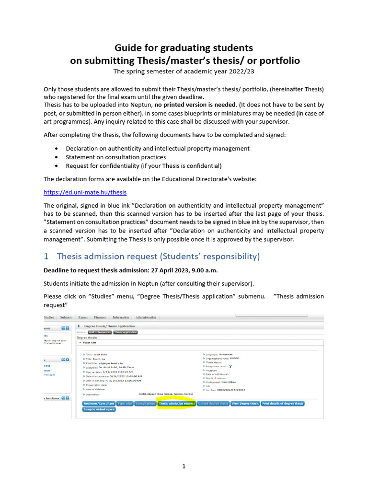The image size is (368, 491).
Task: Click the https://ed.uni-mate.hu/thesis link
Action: [x=85, y=192]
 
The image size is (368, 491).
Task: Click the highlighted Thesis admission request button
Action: [x=176, y=404]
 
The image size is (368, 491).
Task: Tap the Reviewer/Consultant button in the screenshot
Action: [x=99, y=404]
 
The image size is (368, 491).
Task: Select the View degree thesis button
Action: [x=245, y=404]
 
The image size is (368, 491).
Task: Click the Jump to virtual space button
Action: [x=99, y=409]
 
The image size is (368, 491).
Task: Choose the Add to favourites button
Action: [x=99, y=332]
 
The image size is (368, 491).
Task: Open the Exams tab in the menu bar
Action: [x=82, y=317]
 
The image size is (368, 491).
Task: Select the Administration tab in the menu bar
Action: [x=146, y=317]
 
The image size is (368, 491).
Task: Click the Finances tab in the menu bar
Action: [x=100, y=317]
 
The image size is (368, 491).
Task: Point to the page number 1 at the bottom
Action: [x=184, y=466]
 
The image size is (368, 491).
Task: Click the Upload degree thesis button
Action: [x=213, y=404]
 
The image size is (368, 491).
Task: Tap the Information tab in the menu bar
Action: [x=121, y=317]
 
